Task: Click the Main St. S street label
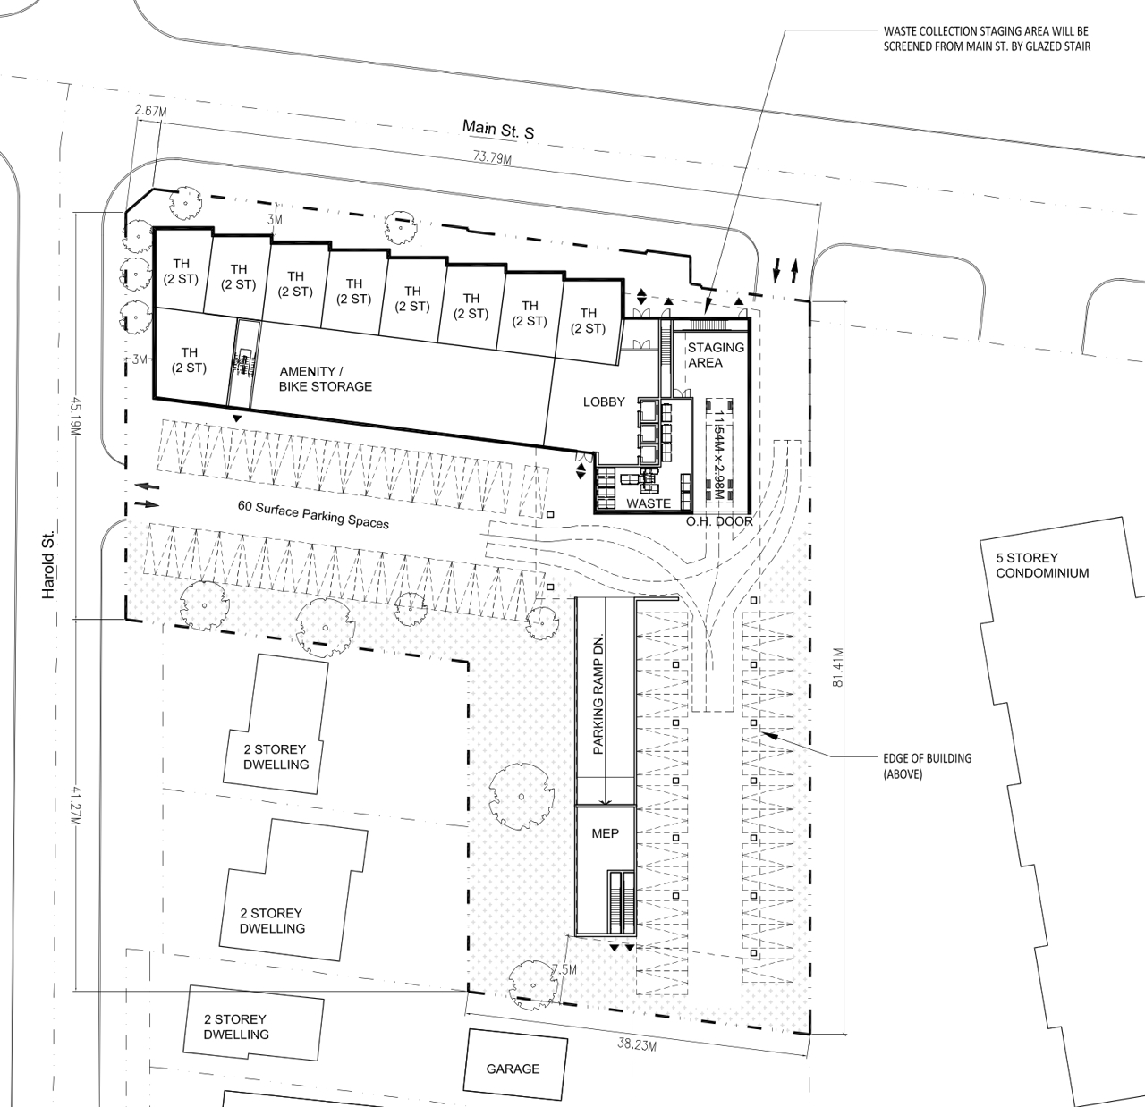click(x=498, y=129)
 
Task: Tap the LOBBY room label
click(x=604, y=402)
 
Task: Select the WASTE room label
click(x=649, y=503)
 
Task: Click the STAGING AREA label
click(x=716, y=354)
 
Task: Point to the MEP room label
click(x=605, y=833)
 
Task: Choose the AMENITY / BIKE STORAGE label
click(x=326, y=378)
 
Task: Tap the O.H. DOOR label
click(x=719, y=521)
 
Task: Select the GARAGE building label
click(x=513, y=1069)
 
